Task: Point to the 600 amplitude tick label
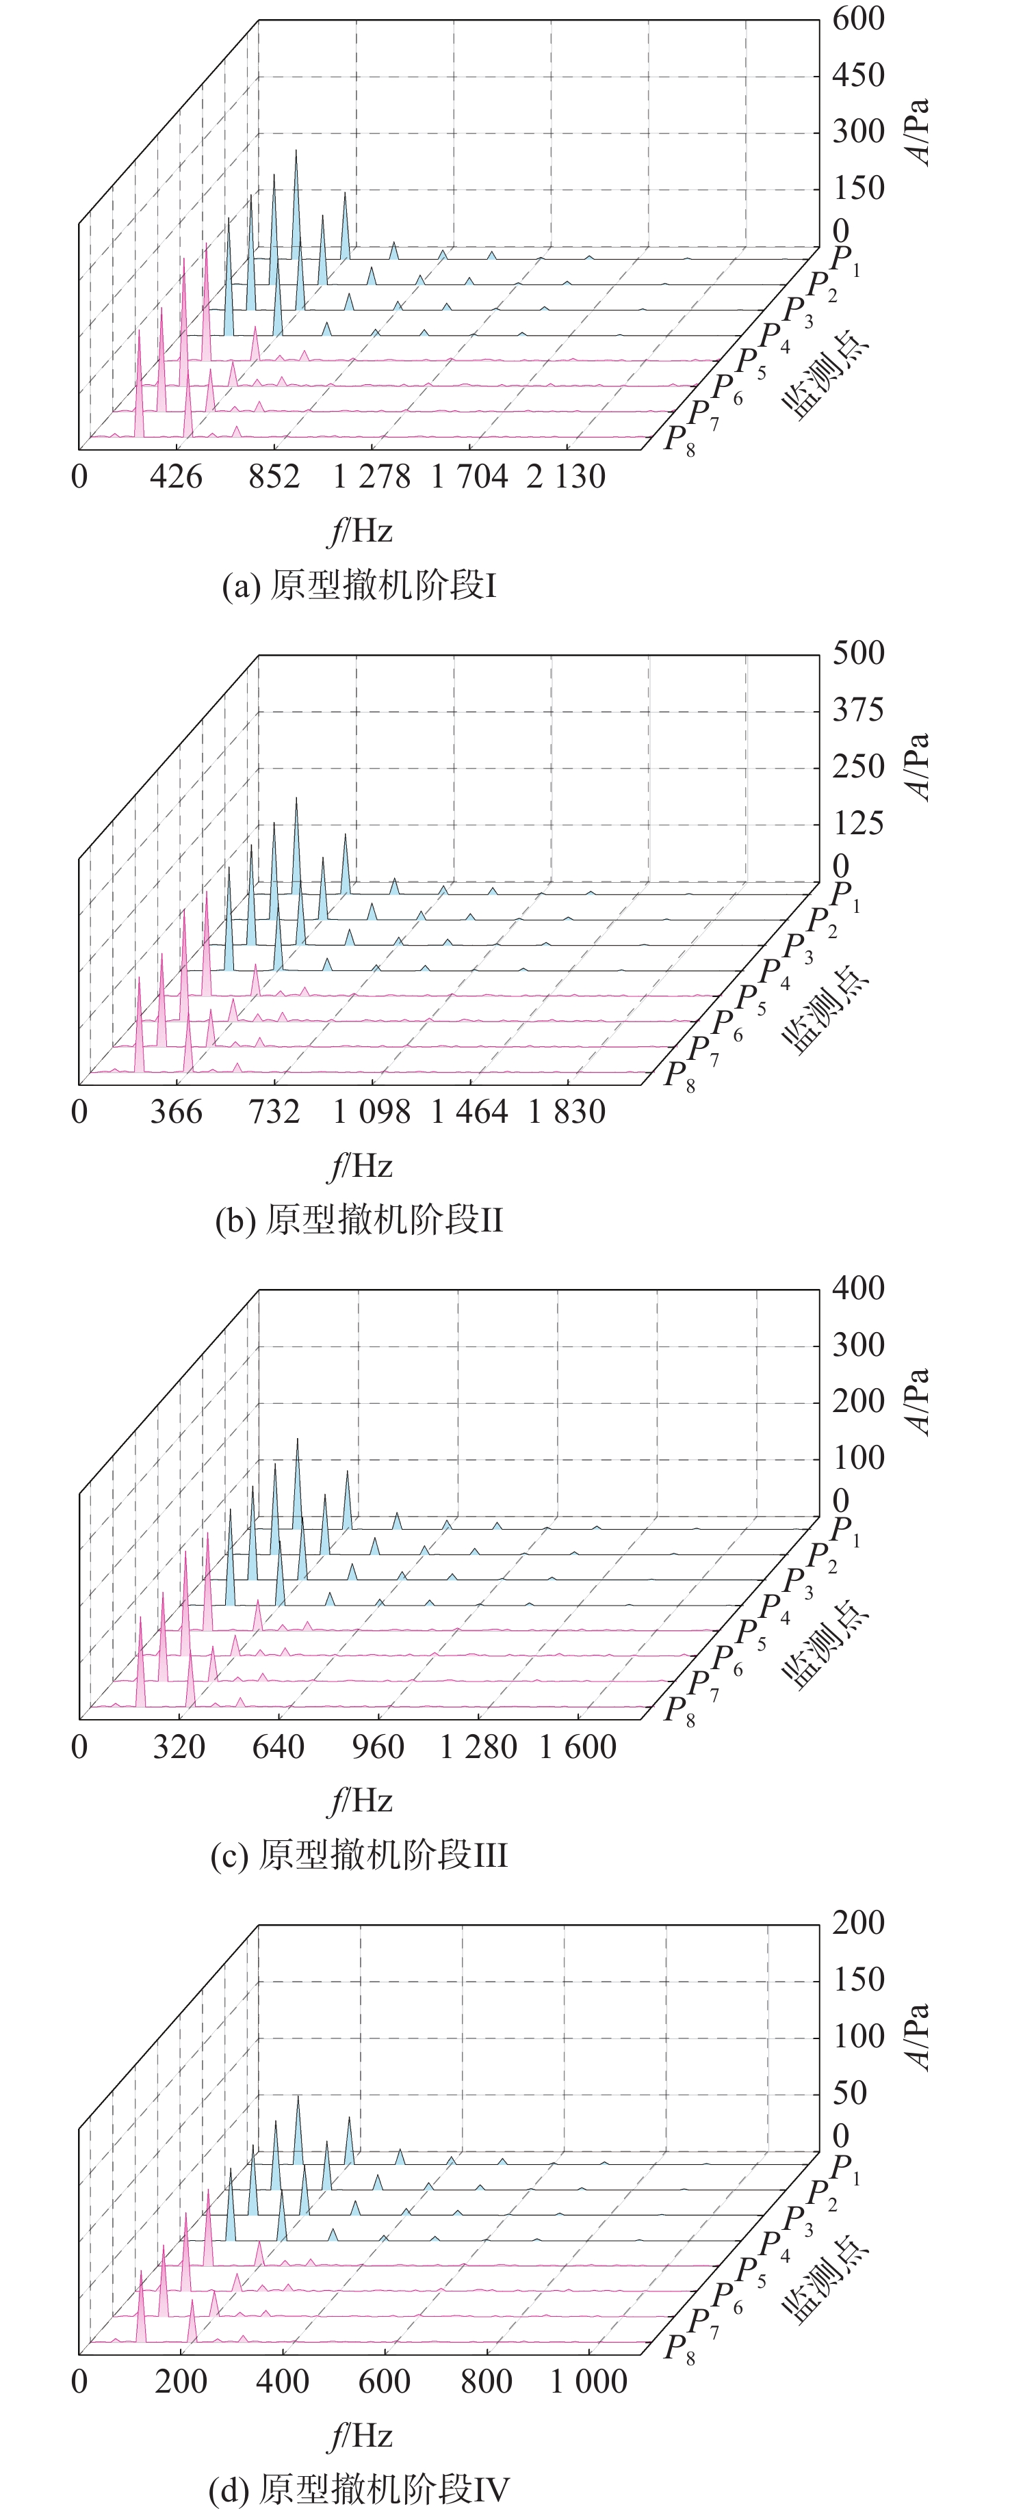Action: [858, 18]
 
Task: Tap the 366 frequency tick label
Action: [176, 1111]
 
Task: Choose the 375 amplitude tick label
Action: [858, 709]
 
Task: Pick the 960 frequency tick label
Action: [378, 1746]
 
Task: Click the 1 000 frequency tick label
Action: [588, 2381]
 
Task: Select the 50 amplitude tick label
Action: [849, 2092]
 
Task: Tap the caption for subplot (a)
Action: [359, 585]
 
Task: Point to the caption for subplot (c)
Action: [359, 1854]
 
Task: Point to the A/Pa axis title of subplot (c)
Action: [918, 1402]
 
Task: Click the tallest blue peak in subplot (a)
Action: [297, 154]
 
